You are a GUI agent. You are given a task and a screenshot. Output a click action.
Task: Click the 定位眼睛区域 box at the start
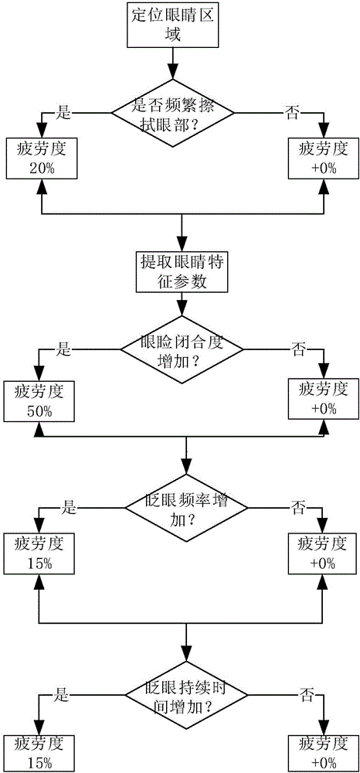pyautogui.click(x=173, y=25)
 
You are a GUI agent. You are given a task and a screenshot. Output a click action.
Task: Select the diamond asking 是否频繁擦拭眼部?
pyautogui.click(x=173, y=113)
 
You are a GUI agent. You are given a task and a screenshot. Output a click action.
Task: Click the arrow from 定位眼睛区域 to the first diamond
pyautogui.click(x=173, y=59)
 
